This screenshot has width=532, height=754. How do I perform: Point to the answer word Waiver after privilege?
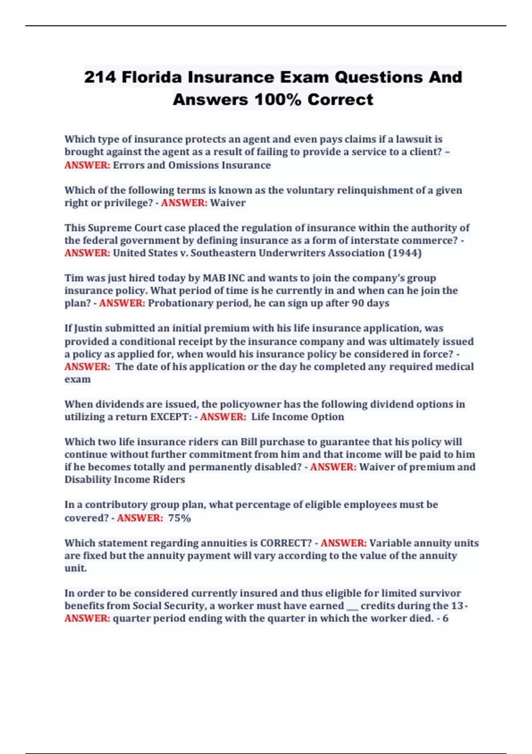tap(227, 203)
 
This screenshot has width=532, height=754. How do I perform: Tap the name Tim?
tap(74, 278)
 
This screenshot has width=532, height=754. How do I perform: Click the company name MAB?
tap(214, 278)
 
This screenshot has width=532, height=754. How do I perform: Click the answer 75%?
tap(180, 518)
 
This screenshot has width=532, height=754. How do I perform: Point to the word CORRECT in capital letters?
tap(286, 543)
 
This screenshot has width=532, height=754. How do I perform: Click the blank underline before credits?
tap(352, 606)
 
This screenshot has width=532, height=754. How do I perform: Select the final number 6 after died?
tap(446, 618)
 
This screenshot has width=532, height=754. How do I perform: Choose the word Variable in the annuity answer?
tap(389, 543)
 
